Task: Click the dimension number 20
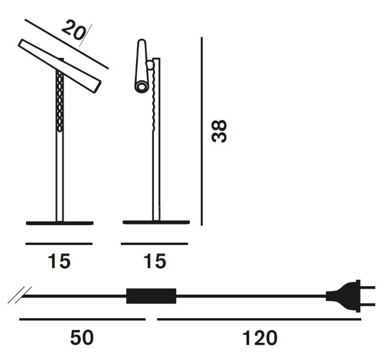[74, 30]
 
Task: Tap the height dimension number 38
[219, 131]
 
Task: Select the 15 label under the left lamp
[59, 261]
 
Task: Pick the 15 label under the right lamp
[155, 261]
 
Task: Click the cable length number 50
[82, 337]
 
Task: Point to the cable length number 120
[260, 337]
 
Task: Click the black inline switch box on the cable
[151, 296]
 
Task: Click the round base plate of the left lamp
[60, 223]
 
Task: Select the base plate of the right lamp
[156, 222]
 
